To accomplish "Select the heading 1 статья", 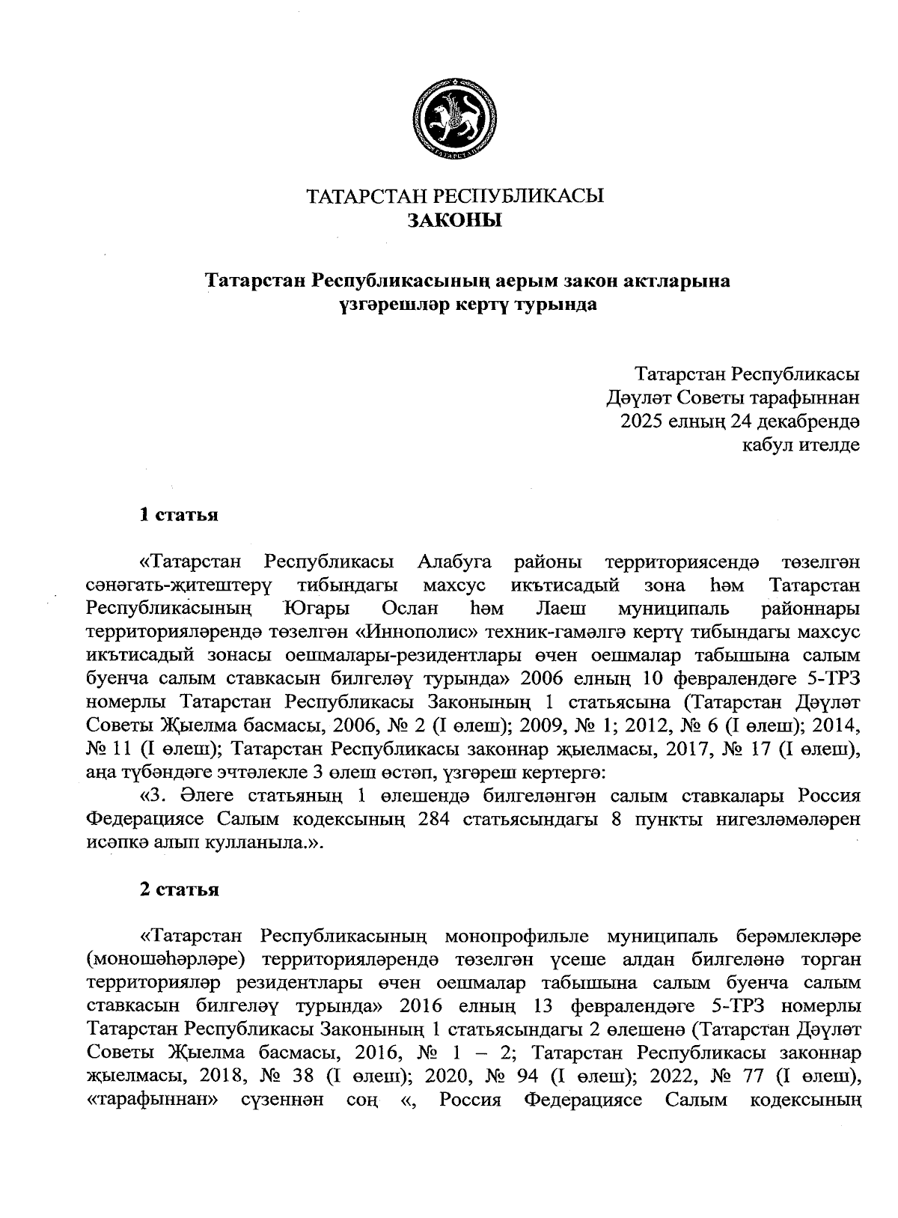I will tap(180, 515).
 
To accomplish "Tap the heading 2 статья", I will tap(180, 889).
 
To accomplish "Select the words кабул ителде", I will tap(800, 445).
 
